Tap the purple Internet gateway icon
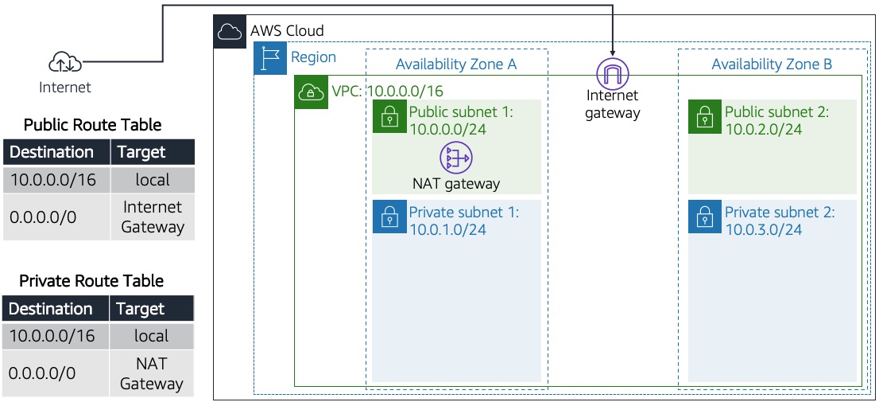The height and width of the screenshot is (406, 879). tap(612, 73)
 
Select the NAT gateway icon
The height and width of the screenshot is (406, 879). tap(456, 158)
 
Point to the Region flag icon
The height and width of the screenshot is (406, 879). tap(269, 59)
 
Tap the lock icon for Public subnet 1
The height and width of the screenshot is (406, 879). tap(389, 117)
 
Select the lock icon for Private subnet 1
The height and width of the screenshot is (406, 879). tap(389, 217)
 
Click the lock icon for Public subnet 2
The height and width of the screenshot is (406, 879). tap(704, 117)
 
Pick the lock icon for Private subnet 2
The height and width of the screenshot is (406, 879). tap(704, 217)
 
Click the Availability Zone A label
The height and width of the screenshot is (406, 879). tap(456, 64)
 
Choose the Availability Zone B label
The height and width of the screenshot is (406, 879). tap(771, 64)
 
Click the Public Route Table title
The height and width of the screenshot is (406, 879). tap(92, 125)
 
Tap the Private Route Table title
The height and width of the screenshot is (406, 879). tap(91, 281)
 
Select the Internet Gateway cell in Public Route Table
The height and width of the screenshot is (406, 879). tap(152, 217)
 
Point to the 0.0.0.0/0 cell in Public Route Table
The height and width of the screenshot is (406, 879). tap(44, 217)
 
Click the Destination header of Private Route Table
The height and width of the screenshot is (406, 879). tap(52, 309)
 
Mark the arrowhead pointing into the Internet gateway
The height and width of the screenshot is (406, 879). tap(612, 53)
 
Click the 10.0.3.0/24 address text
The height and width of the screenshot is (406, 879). tap(763, 230)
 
